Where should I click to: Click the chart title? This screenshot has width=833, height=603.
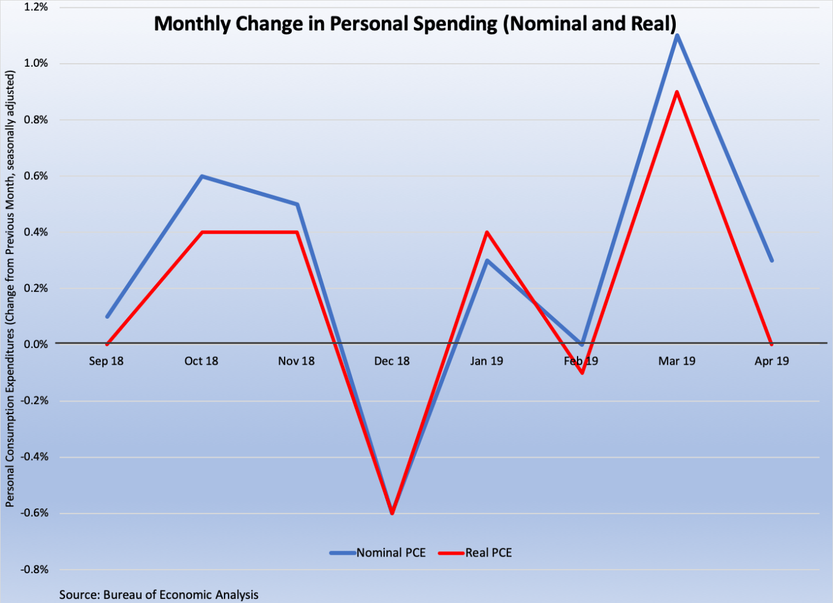415,24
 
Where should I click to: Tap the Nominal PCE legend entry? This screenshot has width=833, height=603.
379,553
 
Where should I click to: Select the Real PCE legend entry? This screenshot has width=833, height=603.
476,553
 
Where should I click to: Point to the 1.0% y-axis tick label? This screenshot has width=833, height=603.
36,63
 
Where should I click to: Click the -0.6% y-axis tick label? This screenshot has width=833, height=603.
35,513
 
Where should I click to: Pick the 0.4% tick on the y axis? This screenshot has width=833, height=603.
36,232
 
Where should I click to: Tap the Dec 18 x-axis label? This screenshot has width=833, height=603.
392,361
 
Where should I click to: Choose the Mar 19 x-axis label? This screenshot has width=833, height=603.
677,361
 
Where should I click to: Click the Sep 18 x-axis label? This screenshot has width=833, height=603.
106,361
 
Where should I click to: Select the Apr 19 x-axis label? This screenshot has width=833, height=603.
772,361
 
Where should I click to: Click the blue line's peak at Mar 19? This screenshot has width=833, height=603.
677,36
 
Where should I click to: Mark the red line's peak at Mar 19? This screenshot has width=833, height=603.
677,92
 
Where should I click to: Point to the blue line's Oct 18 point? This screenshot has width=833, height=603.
202,176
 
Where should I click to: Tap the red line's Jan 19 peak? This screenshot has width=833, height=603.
487,232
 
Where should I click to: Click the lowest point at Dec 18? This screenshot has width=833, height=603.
392,512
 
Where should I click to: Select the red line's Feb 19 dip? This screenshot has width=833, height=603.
582,373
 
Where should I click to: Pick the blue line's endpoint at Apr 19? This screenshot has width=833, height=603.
772,260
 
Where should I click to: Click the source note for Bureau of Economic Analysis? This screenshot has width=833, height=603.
159,595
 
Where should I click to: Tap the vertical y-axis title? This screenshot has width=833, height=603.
10,289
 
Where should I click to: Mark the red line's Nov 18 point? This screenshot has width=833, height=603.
297,232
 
